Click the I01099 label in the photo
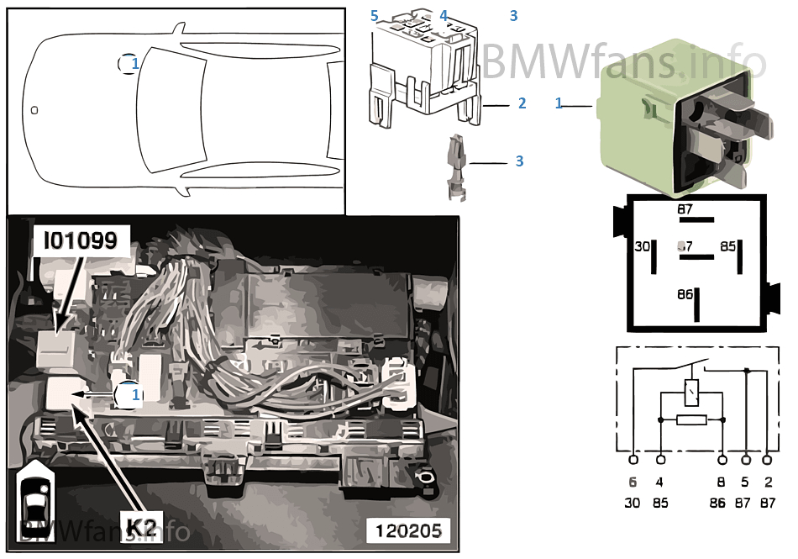pos(80,242)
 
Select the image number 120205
pos(407,530)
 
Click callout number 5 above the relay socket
pos(375,16)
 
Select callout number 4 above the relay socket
pos(444,15)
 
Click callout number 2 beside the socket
pos(522,104)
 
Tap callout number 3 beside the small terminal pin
pos(519,161)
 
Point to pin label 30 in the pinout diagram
pos(642,247)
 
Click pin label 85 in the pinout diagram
pos(727,247)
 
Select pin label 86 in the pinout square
pos(685,295)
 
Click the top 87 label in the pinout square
pos(685,209)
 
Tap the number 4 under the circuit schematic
pos(660,483)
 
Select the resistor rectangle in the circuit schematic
pos(691,419)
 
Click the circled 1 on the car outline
pos(129,63)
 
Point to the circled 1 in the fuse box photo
pos(129,393)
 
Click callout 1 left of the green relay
pos(559,103)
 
